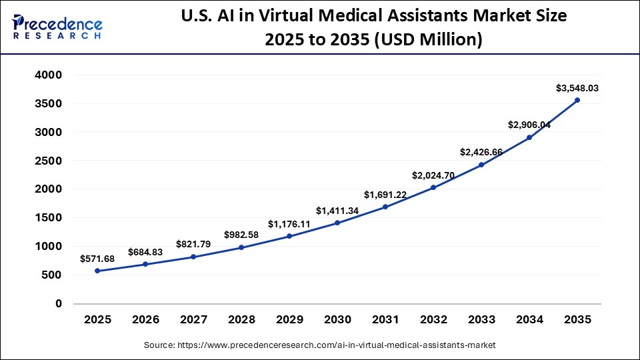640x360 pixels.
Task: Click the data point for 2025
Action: pyautogui.click(x=97, y=271)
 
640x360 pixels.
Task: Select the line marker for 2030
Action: pyautogui.click(x=337, y=223)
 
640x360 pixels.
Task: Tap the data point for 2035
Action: pyautogui.click(x=577, y=101)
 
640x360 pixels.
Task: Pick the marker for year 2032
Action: pyautogui.click(x=433, y=187)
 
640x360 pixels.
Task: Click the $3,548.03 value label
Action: pyautogui.click(x=577, y=88)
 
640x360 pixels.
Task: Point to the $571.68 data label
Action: pyautogui.click(x=97, y=259)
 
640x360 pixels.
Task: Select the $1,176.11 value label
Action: pyautogui.click(x=289, y=224)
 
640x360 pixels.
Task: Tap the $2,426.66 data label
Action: pyautogui.click(x=481, y=152)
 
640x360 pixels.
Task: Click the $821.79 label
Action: pyautogui.click(x=193, y=244)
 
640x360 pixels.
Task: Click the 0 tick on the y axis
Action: pyautogui.click(x=59, y=303)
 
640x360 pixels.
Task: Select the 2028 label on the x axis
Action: pyautogui.click(x=241, y=320)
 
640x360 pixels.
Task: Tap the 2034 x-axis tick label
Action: pyautogui.click(x=529, y=320)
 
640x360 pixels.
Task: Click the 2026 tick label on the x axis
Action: pyautogui.click(x=145, y=320)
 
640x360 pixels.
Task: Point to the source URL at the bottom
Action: pyautogui.click(x=320, y=345)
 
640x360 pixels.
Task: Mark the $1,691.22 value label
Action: pyautogui.click(x=385, y=195)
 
